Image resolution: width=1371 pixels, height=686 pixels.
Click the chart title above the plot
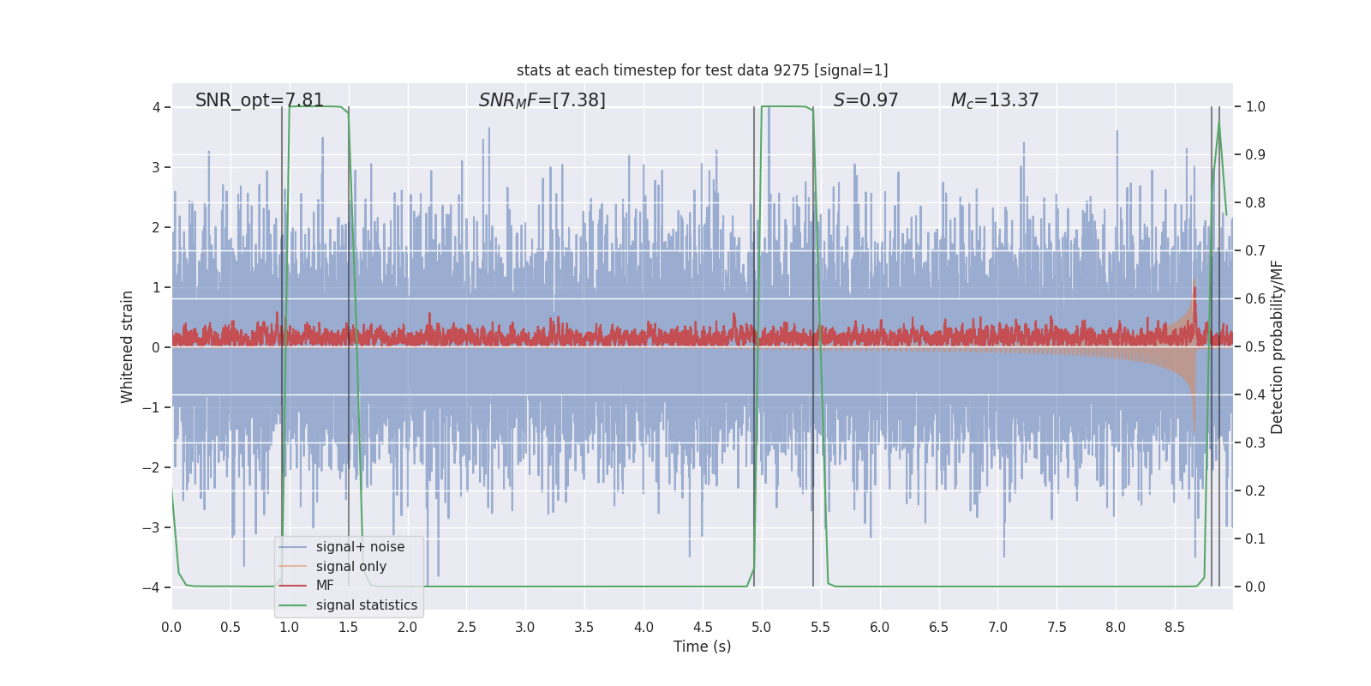point(702,70)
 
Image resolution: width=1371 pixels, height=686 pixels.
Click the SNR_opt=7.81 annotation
point(260,100)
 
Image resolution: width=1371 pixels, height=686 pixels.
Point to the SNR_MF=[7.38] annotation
point(542,100)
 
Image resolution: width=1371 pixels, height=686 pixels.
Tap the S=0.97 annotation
point(865,100)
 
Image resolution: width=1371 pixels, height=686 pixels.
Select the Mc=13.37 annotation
point(994,100)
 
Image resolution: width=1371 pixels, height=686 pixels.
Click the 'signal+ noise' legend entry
point(360,547)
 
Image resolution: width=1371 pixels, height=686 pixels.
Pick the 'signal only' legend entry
point(350,567)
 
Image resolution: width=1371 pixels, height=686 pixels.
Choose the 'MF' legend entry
point(325,586)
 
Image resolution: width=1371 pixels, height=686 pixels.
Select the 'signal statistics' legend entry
point(366,605)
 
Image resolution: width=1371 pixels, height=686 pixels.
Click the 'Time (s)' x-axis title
point(702,647)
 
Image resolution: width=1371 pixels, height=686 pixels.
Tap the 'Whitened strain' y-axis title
point(128,347)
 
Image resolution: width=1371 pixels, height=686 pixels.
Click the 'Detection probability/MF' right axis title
point(1277,347)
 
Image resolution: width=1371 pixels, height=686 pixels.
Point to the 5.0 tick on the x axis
point(761,628)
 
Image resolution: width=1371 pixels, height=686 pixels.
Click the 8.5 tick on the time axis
point(1174,628)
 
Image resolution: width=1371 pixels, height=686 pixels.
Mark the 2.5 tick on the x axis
point(466,628)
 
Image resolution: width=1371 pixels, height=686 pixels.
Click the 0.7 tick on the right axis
point(1255,251)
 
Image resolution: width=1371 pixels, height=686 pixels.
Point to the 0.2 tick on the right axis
point(1255,491)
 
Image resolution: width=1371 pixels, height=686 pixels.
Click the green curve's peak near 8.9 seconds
point(1218,122)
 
